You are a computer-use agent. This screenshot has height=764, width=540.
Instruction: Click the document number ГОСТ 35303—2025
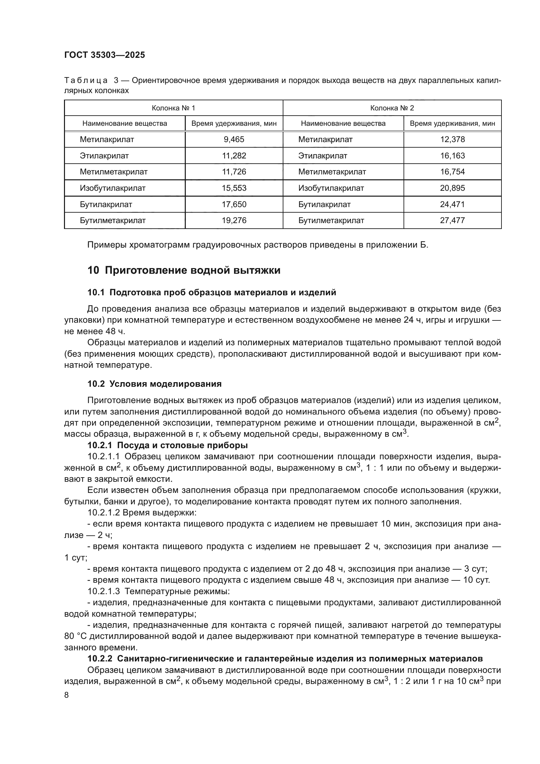click(x=105, y=55)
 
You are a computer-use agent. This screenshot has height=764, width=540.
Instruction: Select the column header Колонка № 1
click(x=173, y=108)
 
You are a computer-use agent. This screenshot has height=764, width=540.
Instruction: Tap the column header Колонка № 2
click(x=392, y=108)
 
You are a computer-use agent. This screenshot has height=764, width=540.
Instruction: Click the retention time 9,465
click(x=234, y=139)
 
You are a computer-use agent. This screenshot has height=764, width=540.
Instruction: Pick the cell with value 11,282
click(x=234, y=156)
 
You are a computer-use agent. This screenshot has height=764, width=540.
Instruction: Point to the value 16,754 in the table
click(x=452, y=172)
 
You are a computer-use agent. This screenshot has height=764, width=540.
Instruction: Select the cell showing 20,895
click(x=452, y=188)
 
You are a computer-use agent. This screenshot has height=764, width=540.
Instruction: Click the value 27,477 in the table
click(x=452, y=220)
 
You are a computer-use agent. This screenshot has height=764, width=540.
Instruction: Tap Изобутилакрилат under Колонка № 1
click(x=113, y=188)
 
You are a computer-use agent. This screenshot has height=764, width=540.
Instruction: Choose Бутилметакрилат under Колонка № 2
click(x=331, y=220)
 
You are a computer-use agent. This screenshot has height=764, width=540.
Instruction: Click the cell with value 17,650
click(x=234, y=204)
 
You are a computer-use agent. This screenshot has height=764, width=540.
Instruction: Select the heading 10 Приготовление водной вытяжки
click(x=184, y=270)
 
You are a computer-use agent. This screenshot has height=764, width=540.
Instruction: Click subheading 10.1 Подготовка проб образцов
click(x=212, y=292)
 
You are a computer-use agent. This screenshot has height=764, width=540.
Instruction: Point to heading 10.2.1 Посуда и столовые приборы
click(x=167, y=445)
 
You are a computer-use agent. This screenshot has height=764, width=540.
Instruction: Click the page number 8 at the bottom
click(x=67, y=695)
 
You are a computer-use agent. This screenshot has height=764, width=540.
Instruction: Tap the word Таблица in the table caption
click(x=86, y=81)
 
